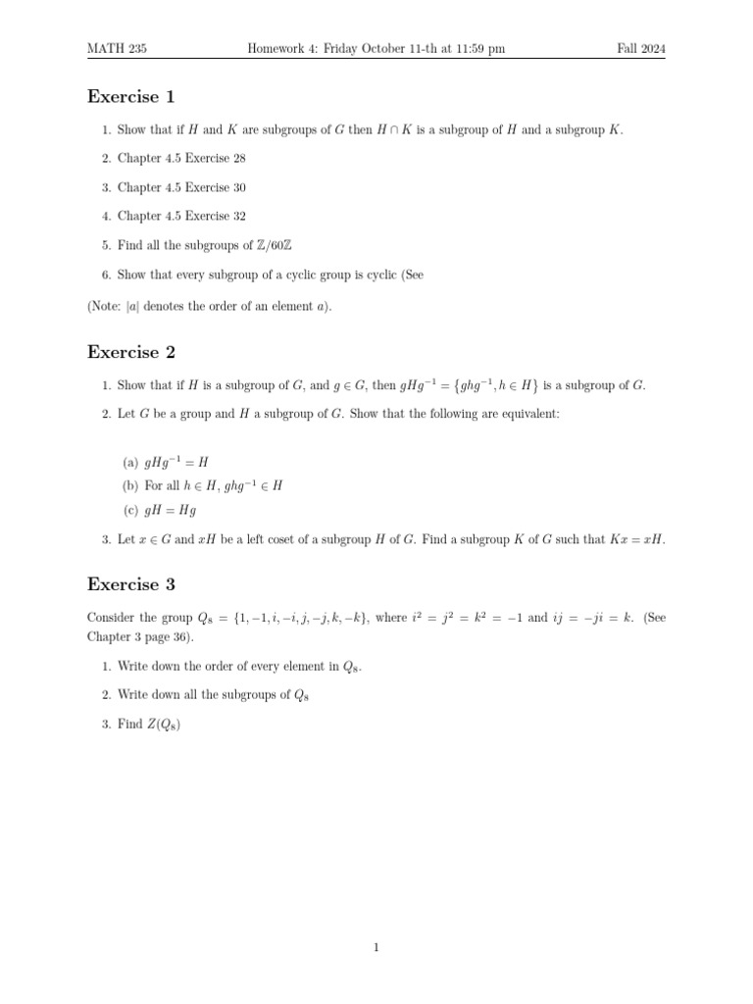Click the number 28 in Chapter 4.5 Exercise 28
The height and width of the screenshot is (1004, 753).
tap(238, 159)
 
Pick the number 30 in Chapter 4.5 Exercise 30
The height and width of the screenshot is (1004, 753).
tap(238, 187)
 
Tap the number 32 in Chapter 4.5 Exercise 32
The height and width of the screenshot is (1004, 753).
tap(238, 217)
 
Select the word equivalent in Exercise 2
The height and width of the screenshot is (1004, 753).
tap(530, 415)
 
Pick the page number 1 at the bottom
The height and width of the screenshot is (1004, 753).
tap(376, 947)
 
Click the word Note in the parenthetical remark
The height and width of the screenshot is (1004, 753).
tap(108, 307)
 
